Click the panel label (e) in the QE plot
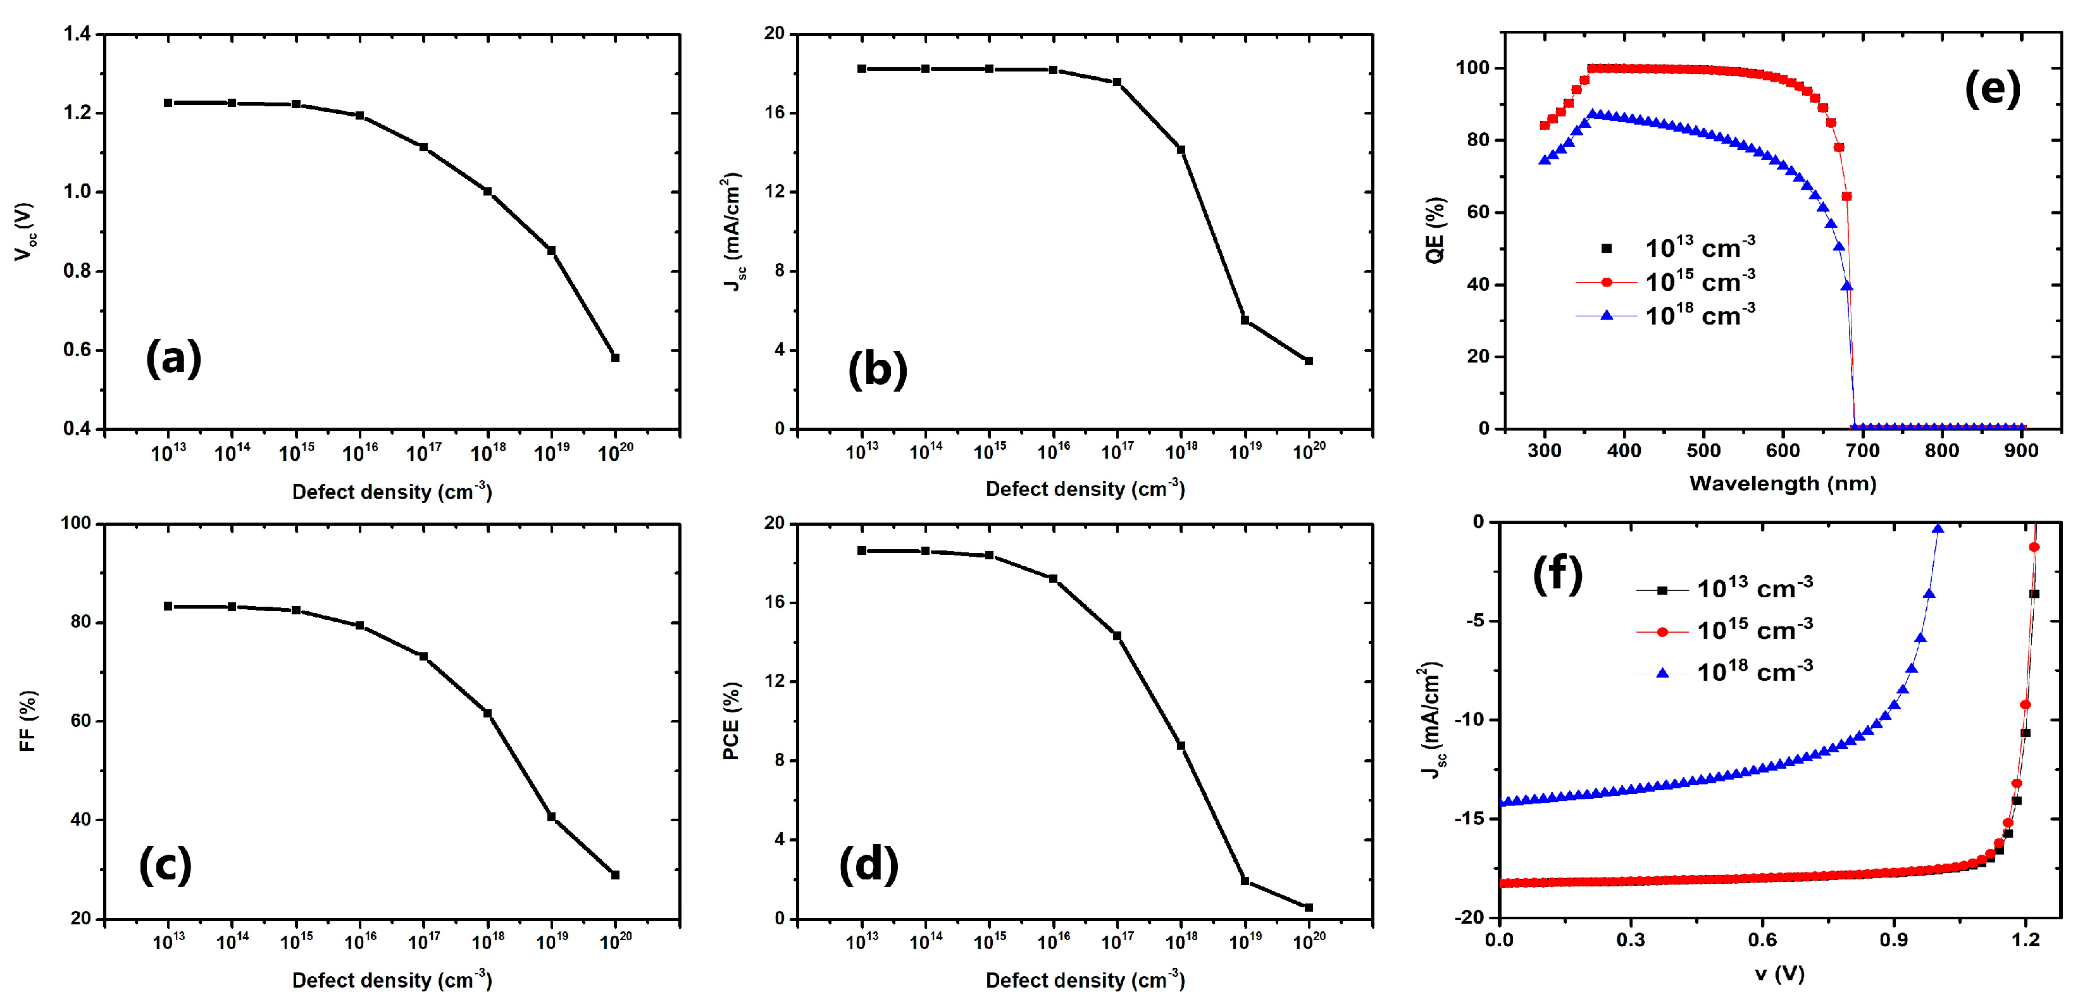click(1992, 89)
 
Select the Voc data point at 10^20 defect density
click(615, 357)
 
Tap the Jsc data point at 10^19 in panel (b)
click(1245, 320)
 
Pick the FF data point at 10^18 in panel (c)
click(487, 713)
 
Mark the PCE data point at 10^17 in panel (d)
click(1117, 635)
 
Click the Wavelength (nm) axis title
click(1783, 483)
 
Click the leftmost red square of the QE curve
click(1545, 125)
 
